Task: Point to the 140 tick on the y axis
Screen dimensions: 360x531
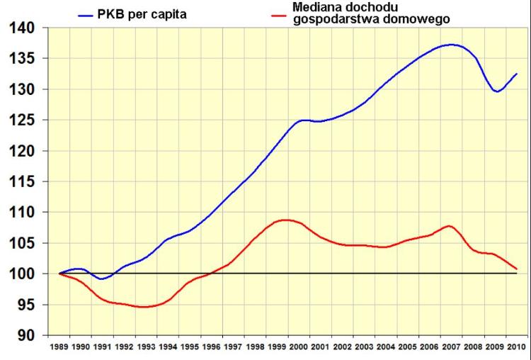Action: (22, 28)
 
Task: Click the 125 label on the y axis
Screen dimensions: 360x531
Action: (22, 120)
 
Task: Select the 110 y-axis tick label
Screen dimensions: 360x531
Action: (22, 212)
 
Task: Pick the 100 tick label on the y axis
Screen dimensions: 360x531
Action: (22, 274)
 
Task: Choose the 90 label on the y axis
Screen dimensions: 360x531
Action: (25, 335)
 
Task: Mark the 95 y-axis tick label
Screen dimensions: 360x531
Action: (25, 305)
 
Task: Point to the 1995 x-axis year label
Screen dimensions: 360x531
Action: (190, 348)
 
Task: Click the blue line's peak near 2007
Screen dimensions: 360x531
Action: (452, 45)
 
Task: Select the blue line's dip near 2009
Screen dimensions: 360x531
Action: (497, 91)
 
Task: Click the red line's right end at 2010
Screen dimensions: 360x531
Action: (517, 269)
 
